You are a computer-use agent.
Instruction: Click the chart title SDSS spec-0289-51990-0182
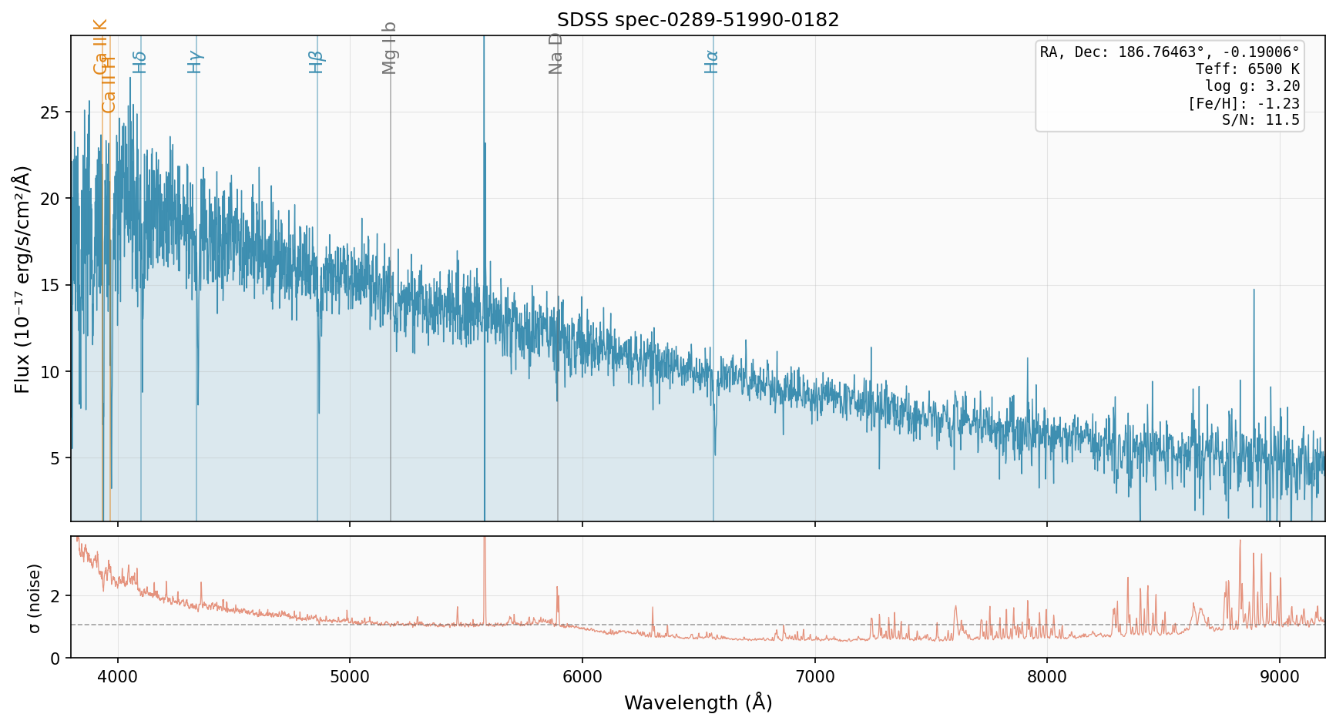coord(698,20)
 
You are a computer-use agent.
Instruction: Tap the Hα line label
coord(711,62)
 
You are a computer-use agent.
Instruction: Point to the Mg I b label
coord(389,48)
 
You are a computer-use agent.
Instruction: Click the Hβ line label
coord(316,62)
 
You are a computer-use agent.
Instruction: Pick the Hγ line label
coord(195,62)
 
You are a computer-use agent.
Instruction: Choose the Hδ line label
coord(139,62)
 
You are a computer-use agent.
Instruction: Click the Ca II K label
coord(100,46)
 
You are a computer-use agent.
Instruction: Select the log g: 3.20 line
coord(1252,86)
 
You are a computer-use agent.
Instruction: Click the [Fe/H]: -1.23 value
coord(1244,103)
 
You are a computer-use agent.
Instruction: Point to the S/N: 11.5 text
coord(1260,120)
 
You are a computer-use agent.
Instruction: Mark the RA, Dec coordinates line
coord(1170,52)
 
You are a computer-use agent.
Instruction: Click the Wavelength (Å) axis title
coord(698,702)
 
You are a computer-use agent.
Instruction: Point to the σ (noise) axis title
coord(34,598)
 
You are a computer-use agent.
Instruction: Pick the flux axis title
coord(22,279)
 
